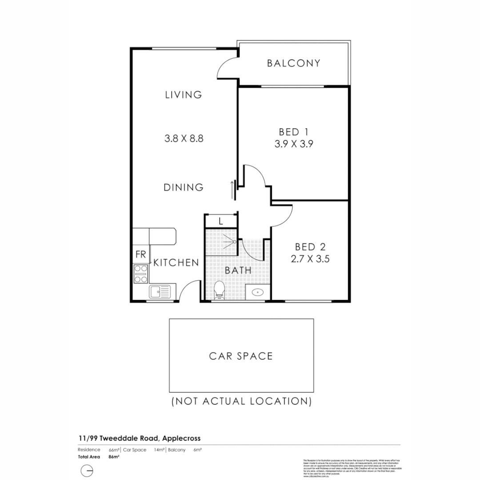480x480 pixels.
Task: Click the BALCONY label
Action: [293, 63]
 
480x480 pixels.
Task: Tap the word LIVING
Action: [184, 95]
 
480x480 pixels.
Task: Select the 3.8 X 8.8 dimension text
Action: [184, 138]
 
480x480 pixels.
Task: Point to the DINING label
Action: [184, 188]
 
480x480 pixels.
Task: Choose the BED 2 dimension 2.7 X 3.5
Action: [310, 259]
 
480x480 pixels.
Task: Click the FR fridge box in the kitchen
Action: [141, 255]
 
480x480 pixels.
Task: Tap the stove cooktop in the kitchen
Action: [141, 274]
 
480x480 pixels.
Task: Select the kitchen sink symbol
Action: [160, 292]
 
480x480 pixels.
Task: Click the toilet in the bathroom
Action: [219, 291]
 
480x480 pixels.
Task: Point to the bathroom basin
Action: [257, 292]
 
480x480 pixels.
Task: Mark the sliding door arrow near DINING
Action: [232, 190]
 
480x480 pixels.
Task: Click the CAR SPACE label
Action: [241, 356]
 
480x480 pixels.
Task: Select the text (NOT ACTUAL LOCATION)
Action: [241, 401]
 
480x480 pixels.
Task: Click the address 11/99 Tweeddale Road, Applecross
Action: [139, 438]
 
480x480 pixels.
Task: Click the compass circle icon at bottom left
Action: [87, 471]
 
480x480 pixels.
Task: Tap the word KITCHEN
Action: [176, 263]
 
